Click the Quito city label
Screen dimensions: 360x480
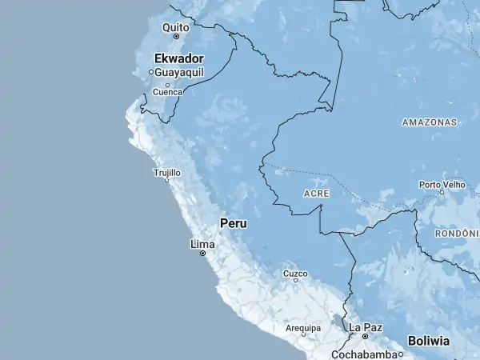(x=176, y=27)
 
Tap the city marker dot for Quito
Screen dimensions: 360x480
(x=176, y=36)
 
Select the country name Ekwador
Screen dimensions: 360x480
(x=179, y=58)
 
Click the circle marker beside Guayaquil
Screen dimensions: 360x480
(x=150, y=72)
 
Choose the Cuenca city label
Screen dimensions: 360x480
(x=167, y=91)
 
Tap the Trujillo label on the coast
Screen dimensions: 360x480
(x=166, y=172)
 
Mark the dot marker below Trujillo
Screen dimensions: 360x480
(x=167, y=180)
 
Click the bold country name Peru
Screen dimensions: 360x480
(x=234, y=223)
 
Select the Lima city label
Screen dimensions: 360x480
(x=202, y=243)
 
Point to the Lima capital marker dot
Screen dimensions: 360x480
(x=202, y=253)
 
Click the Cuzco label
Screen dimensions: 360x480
(x=295, y=273)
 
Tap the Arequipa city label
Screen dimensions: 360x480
(x=303, y=328)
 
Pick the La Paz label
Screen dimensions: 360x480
(x=366, y=327)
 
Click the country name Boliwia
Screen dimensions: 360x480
(x=429, y=340)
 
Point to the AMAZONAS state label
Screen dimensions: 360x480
(x=430, y=122)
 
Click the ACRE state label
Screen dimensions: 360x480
(x=317, y=194)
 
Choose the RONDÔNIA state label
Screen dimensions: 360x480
(x=457, y=233)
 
